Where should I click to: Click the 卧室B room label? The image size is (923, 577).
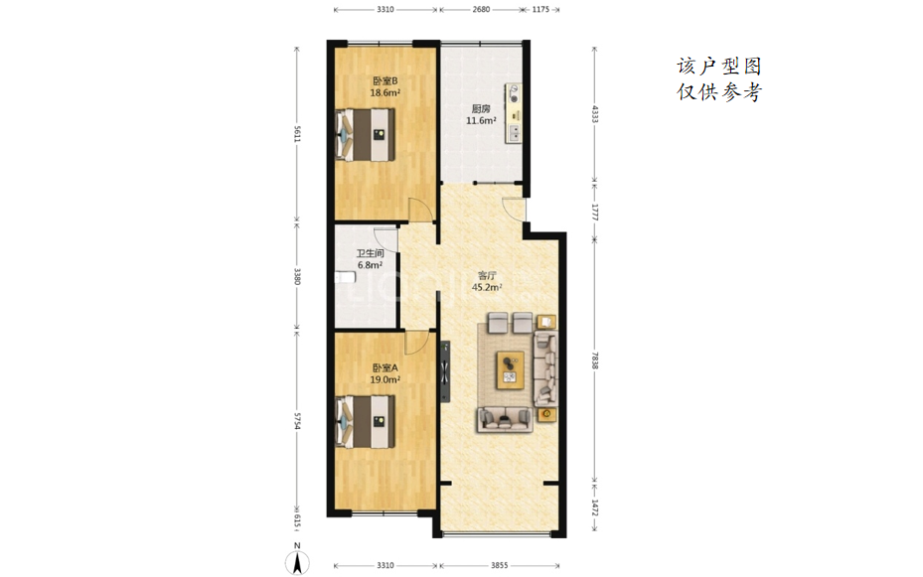point(385,80)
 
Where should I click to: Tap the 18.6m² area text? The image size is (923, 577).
point(385,92)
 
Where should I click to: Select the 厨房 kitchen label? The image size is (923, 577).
point(481,109)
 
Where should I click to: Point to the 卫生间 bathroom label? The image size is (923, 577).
point(371,253)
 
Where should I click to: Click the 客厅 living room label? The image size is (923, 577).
point(487,275)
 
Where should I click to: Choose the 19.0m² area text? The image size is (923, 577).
point(385,380)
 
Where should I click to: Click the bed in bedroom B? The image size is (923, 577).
point(365,135)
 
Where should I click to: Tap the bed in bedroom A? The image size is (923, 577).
point(365,422)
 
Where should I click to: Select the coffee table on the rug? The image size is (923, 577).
point(511,370)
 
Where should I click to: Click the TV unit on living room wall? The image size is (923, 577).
point(445,371)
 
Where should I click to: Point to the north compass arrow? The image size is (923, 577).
point(298,563)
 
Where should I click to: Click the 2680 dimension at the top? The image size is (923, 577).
point(481,9)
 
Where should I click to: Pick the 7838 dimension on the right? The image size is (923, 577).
point(594,361)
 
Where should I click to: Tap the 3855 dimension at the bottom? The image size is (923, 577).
point(499,565)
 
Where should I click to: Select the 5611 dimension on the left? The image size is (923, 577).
point(297,133)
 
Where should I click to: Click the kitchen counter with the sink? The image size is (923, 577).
point(514,113)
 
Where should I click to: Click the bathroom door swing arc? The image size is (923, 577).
point(386,238)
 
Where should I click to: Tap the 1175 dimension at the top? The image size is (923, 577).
point(540,9)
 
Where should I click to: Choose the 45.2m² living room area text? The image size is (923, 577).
point(487,288)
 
